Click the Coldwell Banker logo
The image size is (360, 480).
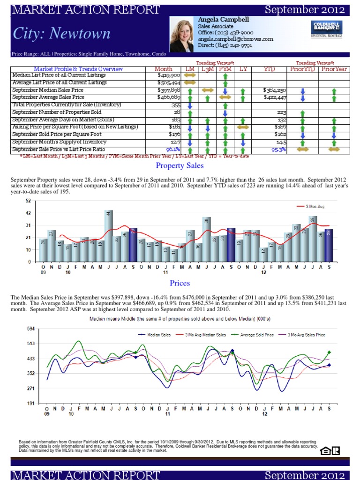pyautogui.click(x=326, y=29)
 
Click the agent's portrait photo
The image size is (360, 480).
pyautogui.click(x=182, y=34)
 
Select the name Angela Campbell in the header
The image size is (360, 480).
pyautogui.click(x=224, y=20)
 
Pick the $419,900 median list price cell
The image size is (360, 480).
pyautogui.click(x=169, y=75)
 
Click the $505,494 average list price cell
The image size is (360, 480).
pyautogui.click(x=169, y=82)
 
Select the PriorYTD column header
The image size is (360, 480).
pyautogui.click(x=303, y=69)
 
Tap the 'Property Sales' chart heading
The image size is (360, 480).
pyautogui.click(x=180, y=166)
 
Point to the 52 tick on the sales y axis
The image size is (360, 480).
pyautogui.click(x=28, y=201)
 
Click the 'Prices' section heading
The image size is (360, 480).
pyautogui.click(x=180, y=283)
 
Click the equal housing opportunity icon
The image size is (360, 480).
pyautogui.click(x=330, y=450)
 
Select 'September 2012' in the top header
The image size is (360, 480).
pyautogui.click(x=305, y=9)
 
